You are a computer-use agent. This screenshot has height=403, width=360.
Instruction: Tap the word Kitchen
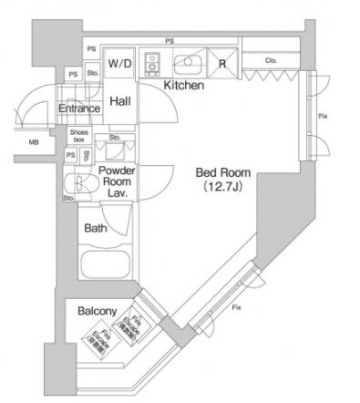tap(183, 86)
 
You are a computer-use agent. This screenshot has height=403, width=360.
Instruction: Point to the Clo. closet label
tap(271, 62)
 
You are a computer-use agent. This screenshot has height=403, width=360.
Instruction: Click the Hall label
tap(120, 103)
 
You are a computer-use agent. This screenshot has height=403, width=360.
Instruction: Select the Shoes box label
tap(79, 136)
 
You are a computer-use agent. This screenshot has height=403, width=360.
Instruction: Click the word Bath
tap(96, 229)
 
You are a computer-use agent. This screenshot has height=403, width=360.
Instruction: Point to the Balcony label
tap(96, 311)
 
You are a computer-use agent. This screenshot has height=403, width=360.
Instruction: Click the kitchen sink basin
tap(190, 63)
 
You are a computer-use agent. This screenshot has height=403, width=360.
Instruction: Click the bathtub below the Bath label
tap(108, 268)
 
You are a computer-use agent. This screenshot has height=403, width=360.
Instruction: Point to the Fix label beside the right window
tap(324, 117)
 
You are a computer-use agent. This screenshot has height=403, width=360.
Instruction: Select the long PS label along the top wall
tap(170, 41)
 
